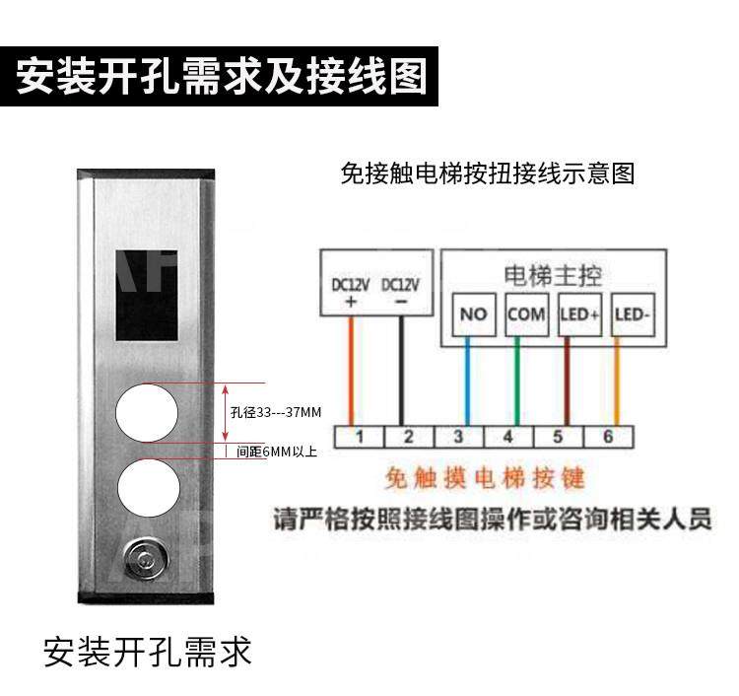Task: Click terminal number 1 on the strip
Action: [360, 436]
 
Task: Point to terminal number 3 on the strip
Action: [458, 436]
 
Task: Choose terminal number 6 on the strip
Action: [607, 436]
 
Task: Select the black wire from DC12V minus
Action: [400, 370]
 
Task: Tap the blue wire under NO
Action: [468, 380]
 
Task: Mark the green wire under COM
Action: [515, 380]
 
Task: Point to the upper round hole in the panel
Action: [147, 413]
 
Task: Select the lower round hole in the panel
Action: [147, 490]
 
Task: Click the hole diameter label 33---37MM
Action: [276, 412]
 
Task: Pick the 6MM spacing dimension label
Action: [277, 452]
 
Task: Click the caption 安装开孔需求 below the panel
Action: [148, 652]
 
